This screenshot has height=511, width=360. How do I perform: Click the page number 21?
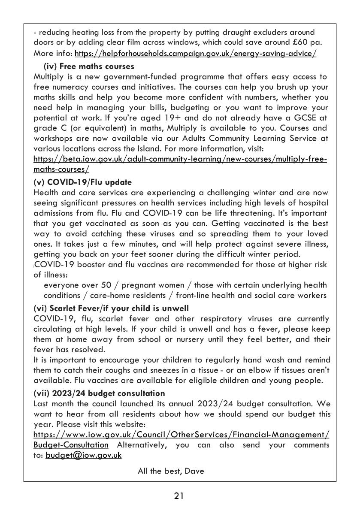[x=179, y=496]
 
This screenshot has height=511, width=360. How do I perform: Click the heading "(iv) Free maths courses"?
[x=89, y=67]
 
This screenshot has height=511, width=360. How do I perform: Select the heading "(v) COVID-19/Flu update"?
[x=82, y=182]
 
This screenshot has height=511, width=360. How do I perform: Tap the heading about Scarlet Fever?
[x=111, y=308]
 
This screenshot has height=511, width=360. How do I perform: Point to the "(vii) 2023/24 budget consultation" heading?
[x=99, y=393]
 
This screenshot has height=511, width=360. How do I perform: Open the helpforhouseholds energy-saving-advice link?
[x=196, y=54]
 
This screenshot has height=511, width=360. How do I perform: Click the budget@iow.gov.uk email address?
[x=84, y=455]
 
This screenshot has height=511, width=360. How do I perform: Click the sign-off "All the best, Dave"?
[x=171, y=471]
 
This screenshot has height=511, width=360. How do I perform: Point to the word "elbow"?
[x=249, y=370]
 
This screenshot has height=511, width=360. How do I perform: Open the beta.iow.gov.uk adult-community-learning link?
[x=180, y=160]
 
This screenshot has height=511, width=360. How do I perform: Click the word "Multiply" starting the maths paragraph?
[x=47, y=77]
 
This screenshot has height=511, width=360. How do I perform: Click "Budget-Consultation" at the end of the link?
[x=71, y=445]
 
